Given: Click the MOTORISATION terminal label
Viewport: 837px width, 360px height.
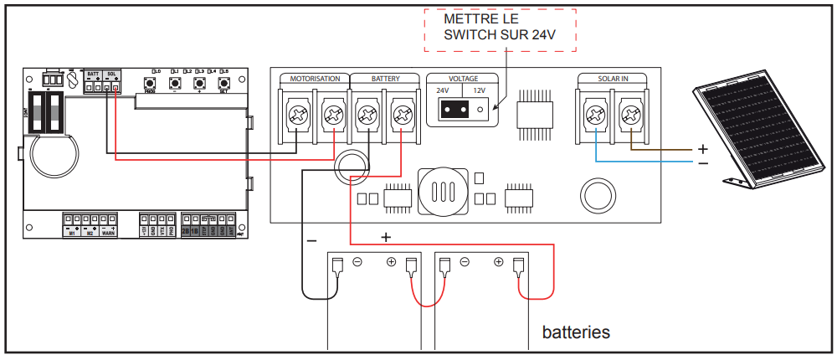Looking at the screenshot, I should [x=315, y=79].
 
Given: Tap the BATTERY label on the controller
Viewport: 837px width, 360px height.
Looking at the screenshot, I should [x=386, y=79].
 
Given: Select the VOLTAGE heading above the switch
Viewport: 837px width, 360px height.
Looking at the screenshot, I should [x=464, y=79].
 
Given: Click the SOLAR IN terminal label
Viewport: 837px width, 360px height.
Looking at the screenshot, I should [x=614, y=79].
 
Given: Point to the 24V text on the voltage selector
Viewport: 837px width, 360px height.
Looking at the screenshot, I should [x=442, y=90].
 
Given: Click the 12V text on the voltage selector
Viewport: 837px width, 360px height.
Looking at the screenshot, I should [x=480, y=90].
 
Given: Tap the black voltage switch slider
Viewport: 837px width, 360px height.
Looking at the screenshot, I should [x=454, y=109].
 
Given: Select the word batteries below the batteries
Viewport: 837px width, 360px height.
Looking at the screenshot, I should [x=576, y=332].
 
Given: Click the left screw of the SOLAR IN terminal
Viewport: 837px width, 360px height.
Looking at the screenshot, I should [x=594, y=114].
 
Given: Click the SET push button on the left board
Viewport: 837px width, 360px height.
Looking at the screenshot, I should [x=224, y=84].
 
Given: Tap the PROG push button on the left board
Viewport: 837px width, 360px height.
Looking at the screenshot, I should [x=150, y=84].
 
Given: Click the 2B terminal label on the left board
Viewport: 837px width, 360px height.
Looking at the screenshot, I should [x=186, y=232].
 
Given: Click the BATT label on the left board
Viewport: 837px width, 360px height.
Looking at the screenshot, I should [x=93, y=75].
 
